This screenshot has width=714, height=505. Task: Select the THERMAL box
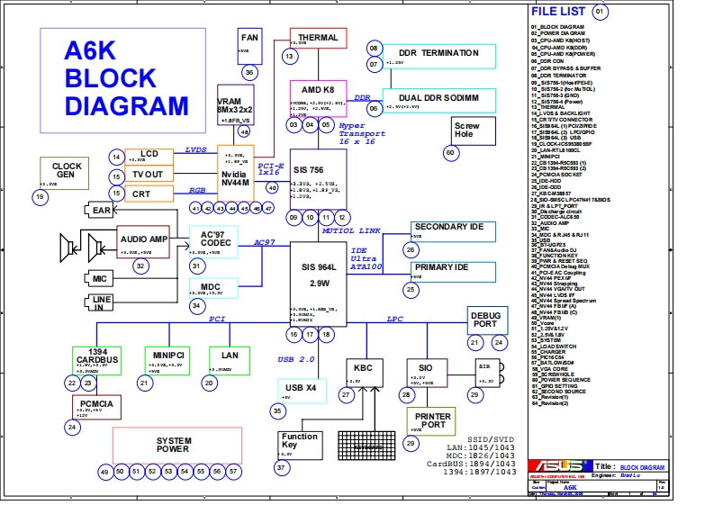[318, 39]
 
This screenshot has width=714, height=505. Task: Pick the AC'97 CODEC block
[214, 241]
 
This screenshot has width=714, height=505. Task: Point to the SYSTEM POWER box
[176, 445]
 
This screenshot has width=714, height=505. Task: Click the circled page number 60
[450, 153]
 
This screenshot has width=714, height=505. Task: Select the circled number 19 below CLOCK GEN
[39, 196]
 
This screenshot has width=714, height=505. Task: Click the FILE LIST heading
[557, 13]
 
